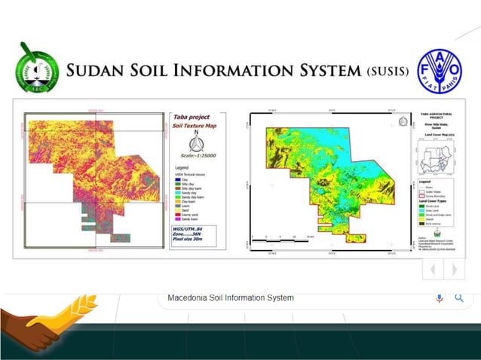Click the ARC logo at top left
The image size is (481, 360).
tap(35, 68)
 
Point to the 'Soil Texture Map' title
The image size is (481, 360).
tap(195, 126)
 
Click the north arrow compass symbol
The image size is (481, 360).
tap(195, 143)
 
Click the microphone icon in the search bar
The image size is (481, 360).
tap(440, 298)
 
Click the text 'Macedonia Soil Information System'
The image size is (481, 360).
tap(231, 297)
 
